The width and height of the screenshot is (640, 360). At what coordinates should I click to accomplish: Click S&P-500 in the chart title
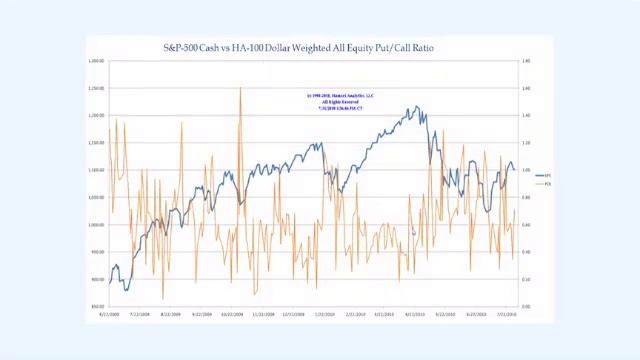pyautogui.click(x=181, y=47)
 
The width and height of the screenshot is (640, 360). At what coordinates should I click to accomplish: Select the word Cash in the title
pyautogui.click(x=211, y=47)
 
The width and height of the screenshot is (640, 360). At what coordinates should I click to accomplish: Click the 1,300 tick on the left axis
pyautogui.click(x=96, y=61)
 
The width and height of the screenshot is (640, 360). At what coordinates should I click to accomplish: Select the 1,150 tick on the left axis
pyautogui.click(x=96, y=142)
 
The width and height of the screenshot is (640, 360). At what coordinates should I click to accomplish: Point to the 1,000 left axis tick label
pyautogui.click(x=96, y=224)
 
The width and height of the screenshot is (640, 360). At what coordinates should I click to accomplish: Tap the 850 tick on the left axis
pyautogui.click(x=97, y=306)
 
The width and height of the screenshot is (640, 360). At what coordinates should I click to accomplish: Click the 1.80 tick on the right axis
pyautogui.click(x=526, y=61)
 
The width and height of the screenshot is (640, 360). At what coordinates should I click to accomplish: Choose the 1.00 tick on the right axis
pyautogui.click(x=526, y=170)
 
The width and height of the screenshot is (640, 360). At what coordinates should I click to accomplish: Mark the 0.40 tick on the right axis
pyautogui.click(x=526, y=252)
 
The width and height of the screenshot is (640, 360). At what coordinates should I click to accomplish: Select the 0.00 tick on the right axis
pyautogui.click(x=526, y=306)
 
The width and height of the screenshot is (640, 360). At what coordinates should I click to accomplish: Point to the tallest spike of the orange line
pyautogui.click(x=240, y=89)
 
